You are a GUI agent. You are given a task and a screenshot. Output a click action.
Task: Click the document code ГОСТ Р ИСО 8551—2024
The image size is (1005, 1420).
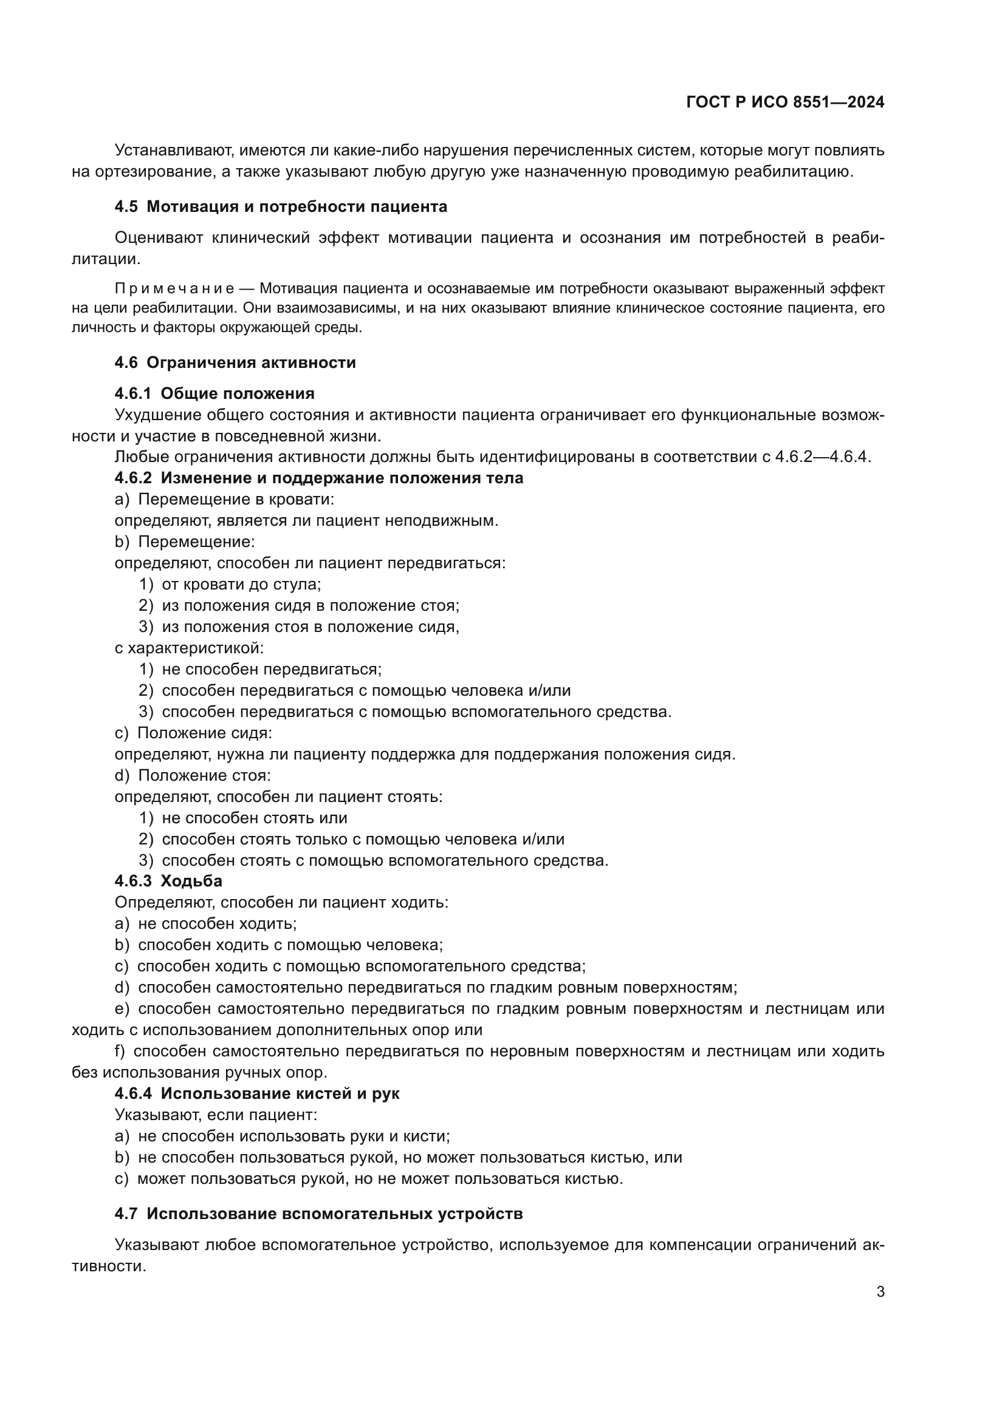[784, 103]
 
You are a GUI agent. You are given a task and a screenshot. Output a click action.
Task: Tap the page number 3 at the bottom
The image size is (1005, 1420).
[880, 1292]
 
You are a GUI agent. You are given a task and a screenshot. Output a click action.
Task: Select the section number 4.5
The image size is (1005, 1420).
[126, 206]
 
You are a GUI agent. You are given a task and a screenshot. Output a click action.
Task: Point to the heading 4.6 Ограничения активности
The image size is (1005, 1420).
[235, 362]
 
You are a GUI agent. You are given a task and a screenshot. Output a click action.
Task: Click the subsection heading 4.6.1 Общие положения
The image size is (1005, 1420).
[214, 393]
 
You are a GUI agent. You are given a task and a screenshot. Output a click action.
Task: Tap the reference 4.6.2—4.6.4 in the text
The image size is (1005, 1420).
[822, 457]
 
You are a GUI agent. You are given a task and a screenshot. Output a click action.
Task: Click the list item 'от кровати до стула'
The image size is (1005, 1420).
[241, 584]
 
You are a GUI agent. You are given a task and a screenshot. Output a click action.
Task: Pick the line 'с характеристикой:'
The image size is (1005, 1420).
[189, 648]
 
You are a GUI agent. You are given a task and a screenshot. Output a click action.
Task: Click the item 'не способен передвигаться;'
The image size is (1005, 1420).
[271, 669]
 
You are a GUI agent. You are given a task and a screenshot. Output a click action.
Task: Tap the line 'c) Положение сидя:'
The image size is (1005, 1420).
[193, 733]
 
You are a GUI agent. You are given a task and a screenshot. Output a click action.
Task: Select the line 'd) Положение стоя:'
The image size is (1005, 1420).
[193, 775]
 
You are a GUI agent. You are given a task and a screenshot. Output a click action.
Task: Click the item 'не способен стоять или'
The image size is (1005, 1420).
[255, 818]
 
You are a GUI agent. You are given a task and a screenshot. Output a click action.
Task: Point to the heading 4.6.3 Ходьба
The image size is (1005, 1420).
[168, 881]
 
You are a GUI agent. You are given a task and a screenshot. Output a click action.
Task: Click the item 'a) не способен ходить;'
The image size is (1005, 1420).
[205, 923]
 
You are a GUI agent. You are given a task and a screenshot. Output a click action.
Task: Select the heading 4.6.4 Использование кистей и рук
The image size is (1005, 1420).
[257, 1093]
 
